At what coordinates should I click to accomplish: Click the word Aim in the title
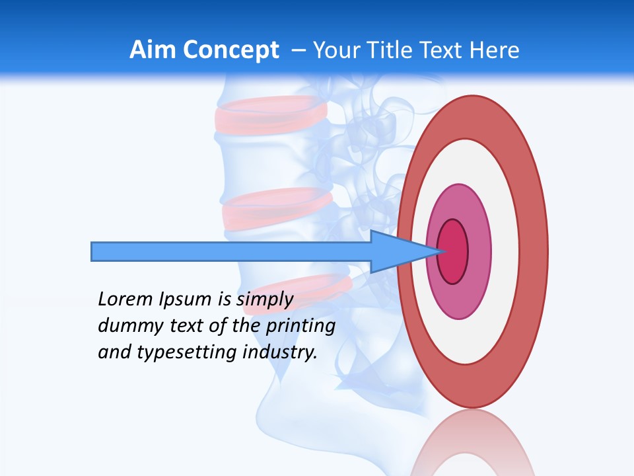(x=153, y=50)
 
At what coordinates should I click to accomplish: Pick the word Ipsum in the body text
(x=186, y=299)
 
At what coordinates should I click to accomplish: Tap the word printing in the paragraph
(x=300, y=326)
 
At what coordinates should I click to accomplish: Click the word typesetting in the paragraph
(x=188, y=352)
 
